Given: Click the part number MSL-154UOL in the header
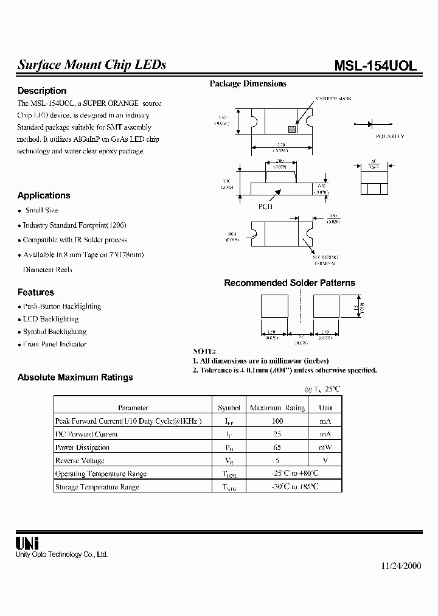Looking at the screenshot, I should (x=375, y=66).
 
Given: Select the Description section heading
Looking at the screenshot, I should (x=42, y=91).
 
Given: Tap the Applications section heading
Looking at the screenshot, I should (x=44, y=195).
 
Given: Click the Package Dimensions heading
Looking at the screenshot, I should (x=248, y=84).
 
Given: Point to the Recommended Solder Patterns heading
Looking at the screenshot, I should (x=290, y=283).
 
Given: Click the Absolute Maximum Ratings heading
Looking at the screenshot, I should (x=75, y=377).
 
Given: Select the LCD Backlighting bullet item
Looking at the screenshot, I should (x=50, y=319).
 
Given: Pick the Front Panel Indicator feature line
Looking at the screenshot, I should (x=55, y=345).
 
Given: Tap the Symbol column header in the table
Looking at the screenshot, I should (x=229, y=408).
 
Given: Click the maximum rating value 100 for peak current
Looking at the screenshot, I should (x=277, y=421).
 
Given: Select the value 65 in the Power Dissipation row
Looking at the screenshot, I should (x=277, y=447).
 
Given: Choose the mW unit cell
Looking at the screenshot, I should (x=325, y=447).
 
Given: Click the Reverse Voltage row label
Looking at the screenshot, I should (x=80, y=461).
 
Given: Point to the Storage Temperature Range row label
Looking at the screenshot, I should (x=97, y=487).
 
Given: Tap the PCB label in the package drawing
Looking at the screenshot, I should (x=266, y=206).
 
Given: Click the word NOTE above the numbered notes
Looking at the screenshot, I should (x=204, y=352).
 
